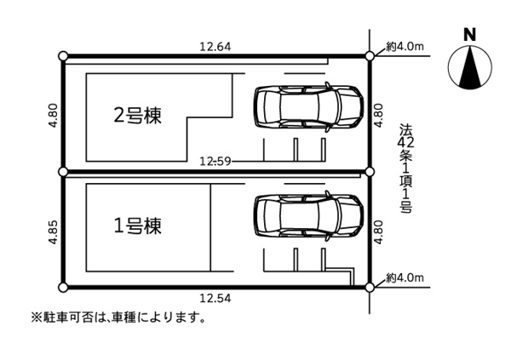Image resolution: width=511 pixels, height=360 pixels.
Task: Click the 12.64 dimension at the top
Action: pyautogui.click(x=215, y=47)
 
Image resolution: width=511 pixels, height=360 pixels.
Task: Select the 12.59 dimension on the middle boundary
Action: pyautogui.click(x=215, y=161)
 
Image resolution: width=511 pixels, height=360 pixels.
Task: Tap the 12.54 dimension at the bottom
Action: pyautogui.click(x=215, y=298)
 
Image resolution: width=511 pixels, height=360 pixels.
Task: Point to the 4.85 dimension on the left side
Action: pyautogui.click(x=53, y=232)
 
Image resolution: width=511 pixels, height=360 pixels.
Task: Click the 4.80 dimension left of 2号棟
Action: pyautogui.click(x=53, y=115)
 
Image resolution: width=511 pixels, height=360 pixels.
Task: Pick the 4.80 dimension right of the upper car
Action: pyautogui.click(x=379, y=115)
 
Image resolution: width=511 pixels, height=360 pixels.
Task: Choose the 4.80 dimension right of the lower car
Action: pyautogui.click(x=379, y=232)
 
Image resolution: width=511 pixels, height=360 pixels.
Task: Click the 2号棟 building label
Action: pyautogui.click(x=137, y=116)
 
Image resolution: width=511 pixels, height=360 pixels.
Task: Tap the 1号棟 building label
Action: pyautogui.click(x=137, y=226)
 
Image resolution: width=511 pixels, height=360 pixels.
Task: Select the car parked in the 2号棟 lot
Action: pyautogui.click(x=308, y=106)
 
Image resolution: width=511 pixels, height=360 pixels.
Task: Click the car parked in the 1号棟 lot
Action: pyautogui.click(x=308, y=215)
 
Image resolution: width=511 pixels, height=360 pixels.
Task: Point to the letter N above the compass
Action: pyautogui.click(x=469, y=35)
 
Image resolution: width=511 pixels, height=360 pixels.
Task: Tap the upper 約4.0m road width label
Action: pyautogui.click(x=405, y=47)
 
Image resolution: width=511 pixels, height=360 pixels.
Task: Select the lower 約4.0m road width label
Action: pyautogui.click(x=405, y=278)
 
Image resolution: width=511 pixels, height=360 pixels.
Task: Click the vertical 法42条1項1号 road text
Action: pyautogui.click(x=406, y=169)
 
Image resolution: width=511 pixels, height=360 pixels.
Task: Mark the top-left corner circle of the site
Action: pyautogui.click(x=64, y=56)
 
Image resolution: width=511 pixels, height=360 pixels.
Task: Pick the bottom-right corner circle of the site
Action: pyautogui.click(x=370, y=288)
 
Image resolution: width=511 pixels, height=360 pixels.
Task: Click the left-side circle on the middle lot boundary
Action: pyautogui.click(x=64, y=171)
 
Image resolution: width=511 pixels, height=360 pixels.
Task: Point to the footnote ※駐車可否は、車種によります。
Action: pyautogui.click(x=118, y=317)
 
